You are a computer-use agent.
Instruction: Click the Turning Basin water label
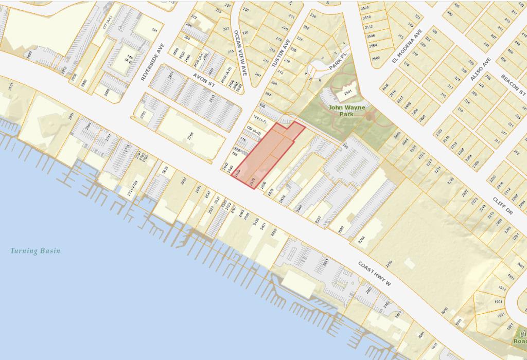tap(36, 251)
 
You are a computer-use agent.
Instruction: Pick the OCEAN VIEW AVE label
tap(240, 53)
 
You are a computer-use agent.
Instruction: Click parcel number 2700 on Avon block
tap(190, 136)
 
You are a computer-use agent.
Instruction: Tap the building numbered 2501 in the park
tap(348, 93)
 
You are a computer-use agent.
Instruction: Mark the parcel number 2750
tap(143, 114)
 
